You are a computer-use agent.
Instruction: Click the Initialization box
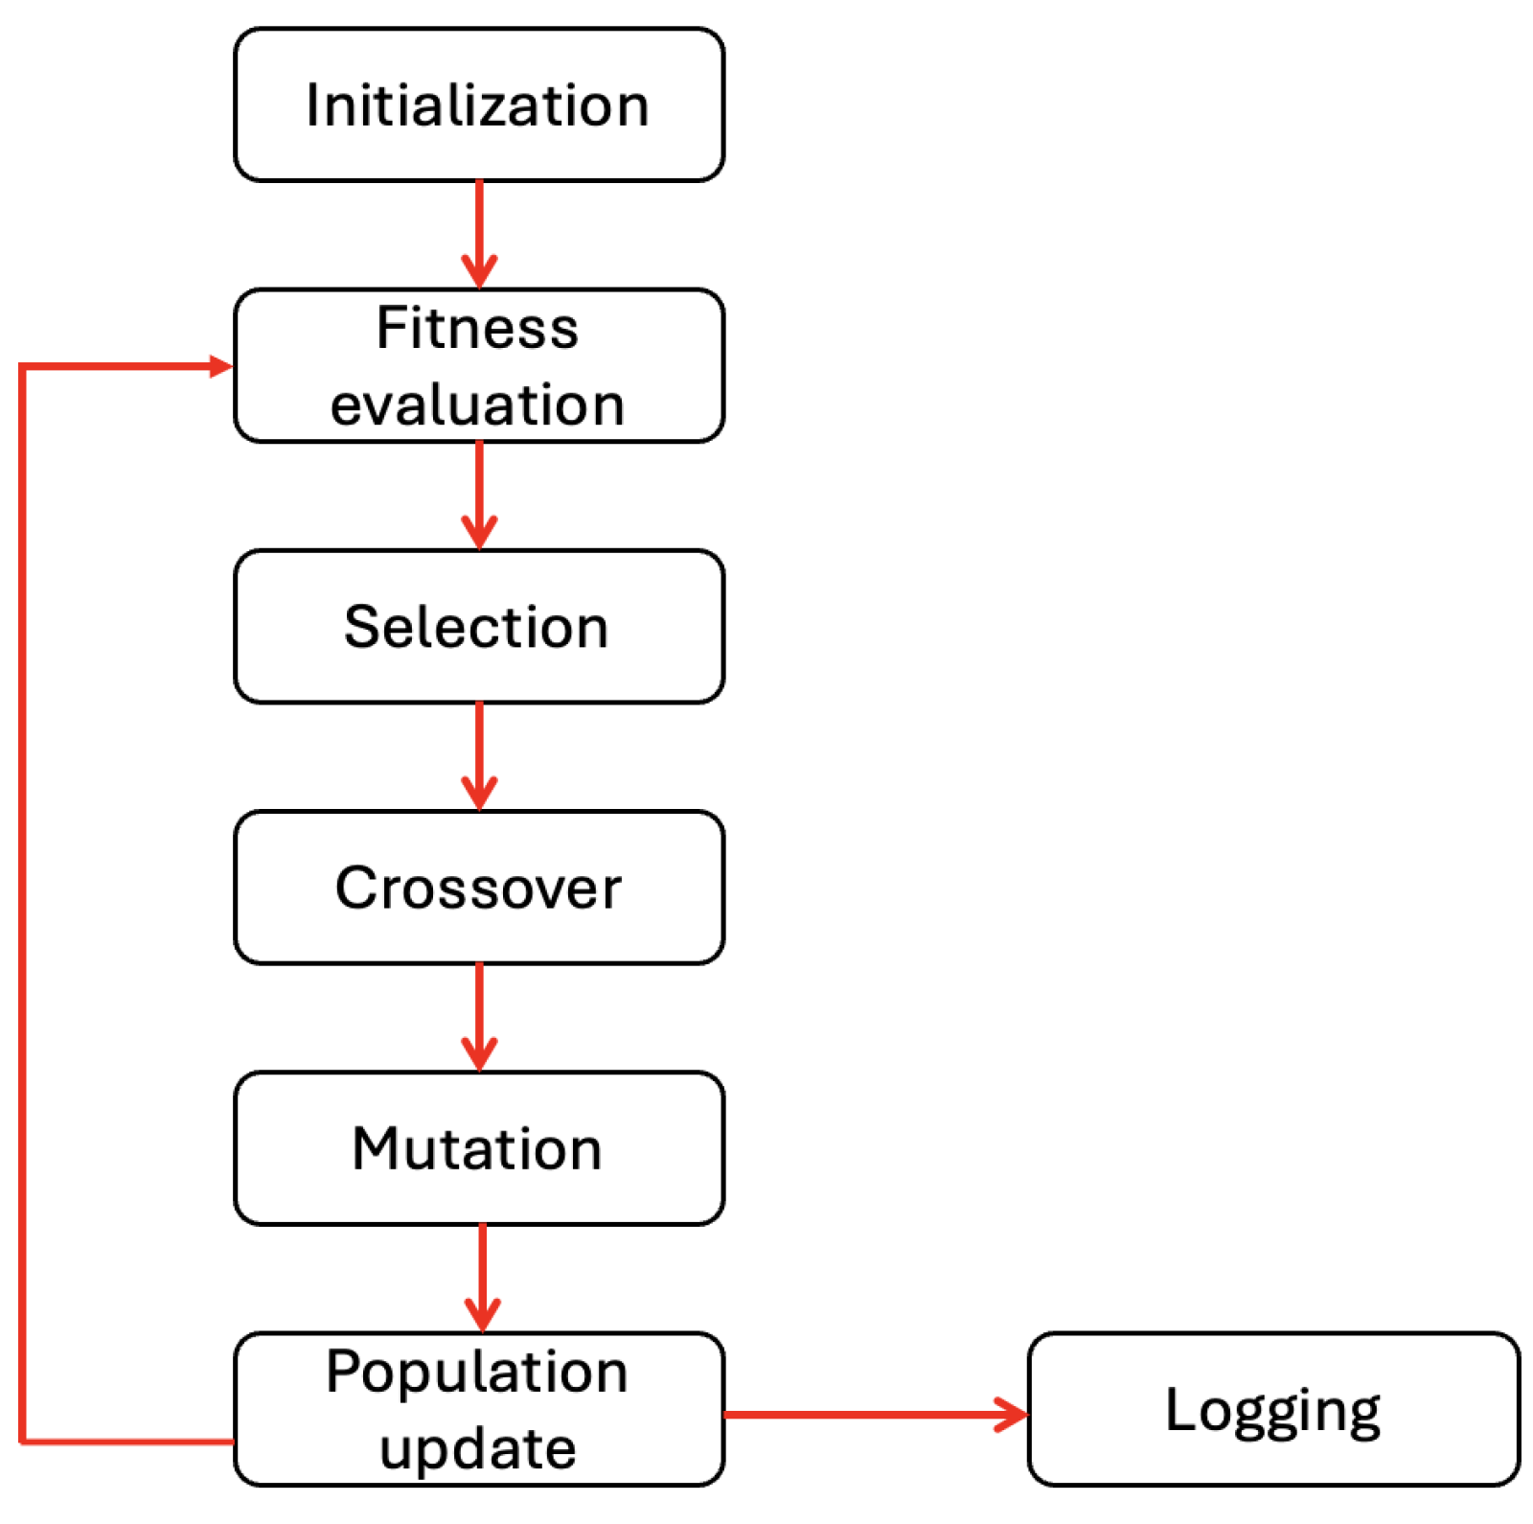(x=478, y=104)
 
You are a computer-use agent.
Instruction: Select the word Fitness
(x=477, y=328)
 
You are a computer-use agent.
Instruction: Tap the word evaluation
(x=477, y=404)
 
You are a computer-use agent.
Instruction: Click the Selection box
(x=478, y=627)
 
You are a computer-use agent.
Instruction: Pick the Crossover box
(x=478, y=888)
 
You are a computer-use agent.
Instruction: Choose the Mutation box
(x=478, y=1148)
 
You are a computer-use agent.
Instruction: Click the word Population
(x=477, y=1372)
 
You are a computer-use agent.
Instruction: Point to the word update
(x=477, y=1447)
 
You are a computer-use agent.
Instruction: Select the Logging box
(x=1272, y=1409)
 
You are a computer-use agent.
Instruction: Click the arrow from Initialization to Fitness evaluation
(x=479, y=230)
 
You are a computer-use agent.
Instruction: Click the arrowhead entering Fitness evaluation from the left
(x=221, y=366)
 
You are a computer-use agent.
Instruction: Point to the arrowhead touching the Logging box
(x=1014, y=1414)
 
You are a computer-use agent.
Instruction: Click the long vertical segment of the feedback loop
(x=21, y=901)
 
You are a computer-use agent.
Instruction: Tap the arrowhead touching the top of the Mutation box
(x=479, y=1054)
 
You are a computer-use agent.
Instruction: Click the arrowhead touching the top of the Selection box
(x=479, y=533)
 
